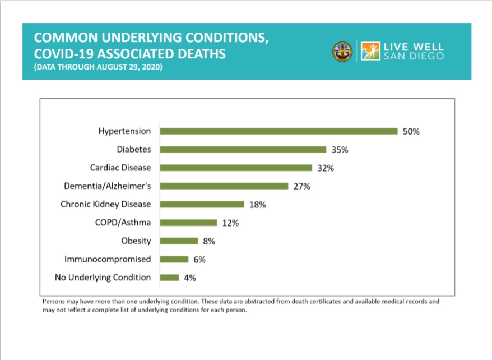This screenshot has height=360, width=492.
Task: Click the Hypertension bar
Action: (279, 131)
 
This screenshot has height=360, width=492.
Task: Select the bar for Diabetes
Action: (243, 150)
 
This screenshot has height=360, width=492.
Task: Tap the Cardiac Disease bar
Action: (236, 168)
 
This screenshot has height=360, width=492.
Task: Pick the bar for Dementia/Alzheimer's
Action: (224, 186)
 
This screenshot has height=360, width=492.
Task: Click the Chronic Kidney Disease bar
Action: (202, 204)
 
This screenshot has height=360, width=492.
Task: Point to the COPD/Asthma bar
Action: (188, 223)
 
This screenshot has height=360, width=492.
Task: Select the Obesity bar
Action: (179, 241)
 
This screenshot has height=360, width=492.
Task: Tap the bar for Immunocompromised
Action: (174, 259)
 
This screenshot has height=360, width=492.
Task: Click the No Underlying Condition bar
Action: (169, 277)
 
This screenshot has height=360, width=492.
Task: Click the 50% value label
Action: (411, 132)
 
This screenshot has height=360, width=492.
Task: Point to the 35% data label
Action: (340, 150)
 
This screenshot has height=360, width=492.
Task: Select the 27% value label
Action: (301, 186)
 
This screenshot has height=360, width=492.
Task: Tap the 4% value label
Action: (189, 278)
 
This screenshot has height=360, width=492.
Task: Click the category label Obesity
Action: (136, 241)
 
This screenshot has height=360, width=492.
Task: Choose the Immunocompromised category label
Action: (108, 259)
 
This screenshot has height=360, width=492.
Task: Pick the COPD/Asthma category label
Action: (122, 223)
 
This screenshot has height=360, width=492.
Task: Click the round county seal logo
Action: (341, 51)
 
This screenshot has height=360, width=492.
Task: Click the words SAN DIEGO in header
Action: (414, 57)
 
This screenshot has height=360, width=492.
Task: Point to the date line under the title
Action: (98, 68)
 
